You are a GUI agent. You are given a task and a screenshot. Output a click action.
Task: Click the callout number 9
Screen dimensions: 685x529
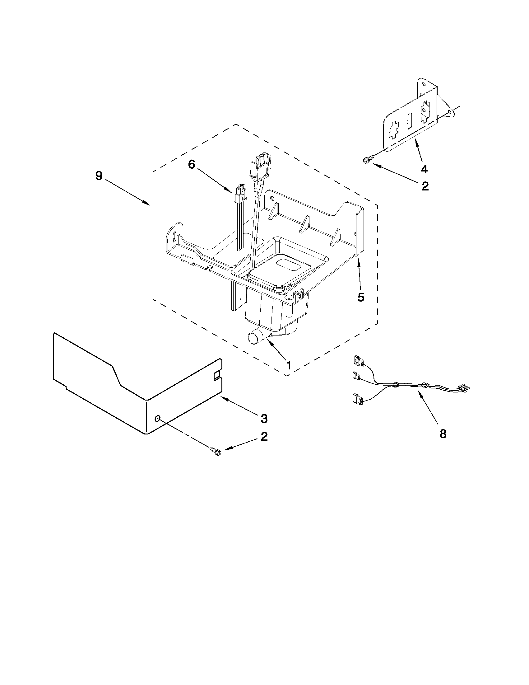(99, 176)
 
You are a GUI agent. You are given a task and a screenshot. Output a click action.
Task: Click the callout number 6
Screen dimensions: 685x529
(191, 164)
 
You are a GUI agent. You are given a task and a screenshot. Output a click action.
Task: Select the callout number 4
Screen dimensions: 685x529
(424, 169)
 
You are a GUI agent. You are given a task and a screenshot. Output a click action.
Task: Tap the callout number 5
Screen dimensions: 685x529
(361, 297)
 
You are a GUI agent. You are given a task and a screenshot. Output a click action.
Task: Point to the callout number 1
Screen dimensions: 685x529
(289, 365)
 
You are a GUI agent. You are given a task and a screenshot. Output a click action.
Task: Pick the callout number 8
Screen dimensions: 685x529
(443, 434)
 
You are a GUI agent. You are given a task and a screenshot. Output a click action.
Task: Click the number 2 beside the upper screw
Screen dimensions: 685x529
(425, 186)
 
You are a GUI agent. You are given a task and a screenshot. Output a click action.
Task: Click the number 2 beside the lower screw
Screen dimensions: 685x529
(264, 436)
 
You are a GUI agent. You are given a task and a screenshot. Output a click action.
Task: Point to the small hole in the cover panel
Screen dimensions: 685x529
(158, 418)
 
